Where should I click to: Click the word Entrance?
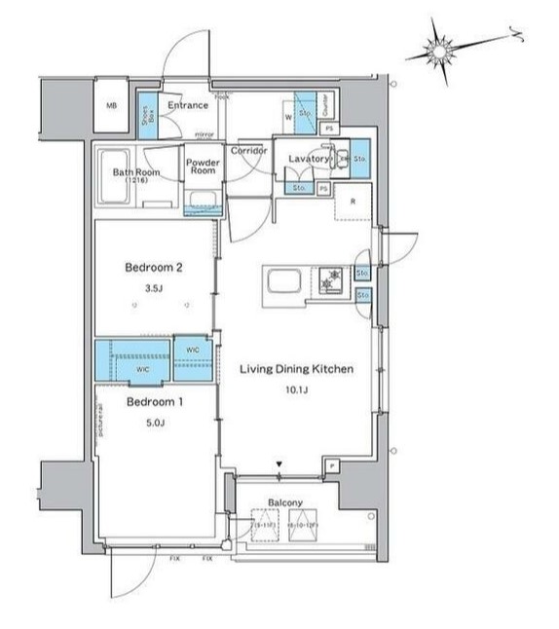[187, 105]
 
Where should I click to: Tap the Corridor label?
[248, 151]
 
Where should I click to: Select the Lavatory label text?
[306, 156]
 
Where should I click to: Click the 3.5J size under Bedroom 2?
[153, 288]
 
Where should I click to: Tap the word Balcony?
[287, 502]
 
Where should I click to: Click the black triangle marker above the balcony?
[280, 463]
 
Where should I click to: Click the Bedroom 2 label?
[154, 267]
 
